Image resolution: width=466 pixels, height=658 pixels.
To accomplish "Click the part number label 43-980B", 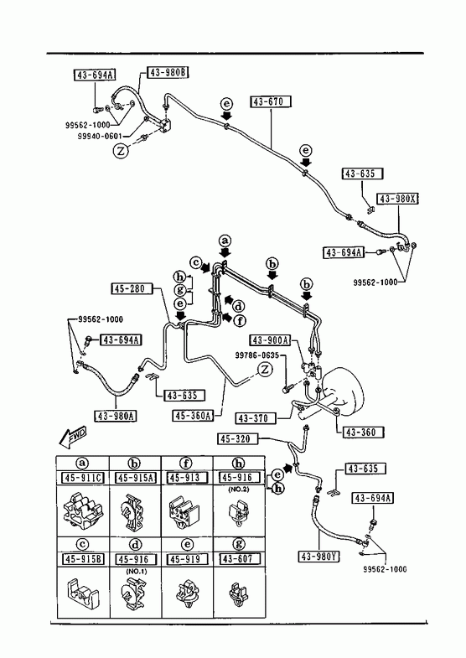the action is (168, 73).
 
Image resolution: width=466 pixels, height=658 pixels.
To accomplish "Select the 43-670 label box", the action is (271, 101).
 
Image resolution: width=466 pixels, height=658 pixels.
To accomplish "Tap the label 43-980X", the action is (398, 199).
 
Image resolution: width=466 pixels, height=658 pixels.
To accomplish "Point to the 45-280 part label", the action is (132, 288).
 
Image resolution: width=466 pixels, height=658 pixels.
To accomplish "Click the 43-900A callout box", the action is (271, 340).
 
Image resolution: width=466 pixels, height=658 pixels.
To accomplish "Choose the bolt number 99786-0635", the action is (256, 355).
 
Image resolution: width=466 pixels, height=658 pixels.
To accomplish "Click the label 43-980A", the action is (116, 416).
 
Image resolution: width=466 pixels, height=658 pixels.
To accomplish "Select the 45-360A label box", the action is (193, 416).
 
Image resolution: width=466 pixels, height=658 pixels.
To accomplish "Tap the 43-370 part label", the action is (256, 418).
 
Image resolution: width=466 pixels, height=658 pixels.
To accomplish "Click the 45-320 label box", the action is (238, 439).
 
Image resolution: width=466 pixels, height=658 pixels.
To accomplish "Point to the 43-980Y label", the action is (319, 557).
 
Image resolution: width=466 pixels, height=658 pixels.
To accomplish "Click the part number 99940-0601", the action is (100, 136).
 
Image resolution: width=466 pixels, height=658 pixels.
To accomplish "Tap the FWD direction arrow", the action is (73, 437).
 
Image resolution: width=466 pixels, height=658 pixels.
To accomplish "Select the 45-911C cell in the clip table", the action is (83, 478).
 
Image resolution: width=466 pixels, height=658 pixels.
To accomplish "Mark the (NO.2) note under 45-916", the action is (239, 490).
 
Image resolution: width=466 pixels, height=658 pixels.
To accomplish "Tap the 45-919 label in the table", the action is (187, 559).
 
